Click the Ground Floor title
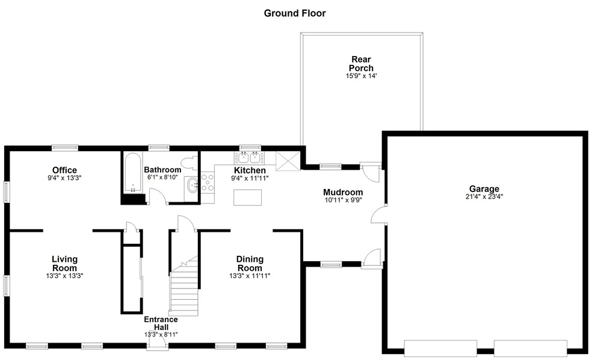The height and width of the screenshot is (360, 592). pos(294,13)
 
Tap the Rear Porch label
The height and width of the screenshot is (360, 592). pos(362,63)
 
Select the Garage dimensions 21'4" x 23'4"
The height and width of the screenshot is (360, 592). pos(484,196)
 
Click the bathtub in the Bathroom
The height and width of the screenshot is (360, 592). pos(132,173)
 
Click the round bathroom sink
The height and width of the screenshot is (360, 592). pos(193,185)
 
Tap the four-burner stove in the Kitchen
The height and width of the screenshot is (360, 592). pos(208,182)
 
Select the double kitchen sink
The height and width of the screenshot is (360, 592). pos(249,157)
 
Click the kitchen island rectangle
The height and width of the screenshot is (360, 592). pos(248,197)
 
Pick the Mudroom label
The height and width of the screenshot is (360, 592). pos(343,192)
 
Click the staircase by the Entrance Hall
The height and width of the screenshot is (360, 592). pos(184,285)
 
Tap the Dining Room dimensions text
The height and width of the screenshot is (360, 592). pos(250,276)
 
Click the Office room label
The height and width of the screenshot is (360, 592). pos(64,170)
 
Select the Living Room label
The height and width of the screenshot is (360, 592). pos(64,263)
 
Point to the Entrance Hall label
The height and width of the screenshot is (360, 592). pos(161,323)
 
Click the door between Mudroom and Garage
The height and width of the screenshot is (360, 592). pos(378,216)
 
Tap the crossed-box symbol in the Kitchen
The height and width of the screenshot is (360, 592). pos(288,161)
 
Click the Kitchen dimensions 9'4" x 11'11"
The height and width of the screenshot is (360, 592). pos(250,178)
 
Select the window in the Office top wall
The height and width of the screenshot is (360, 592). pos(65,147)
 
